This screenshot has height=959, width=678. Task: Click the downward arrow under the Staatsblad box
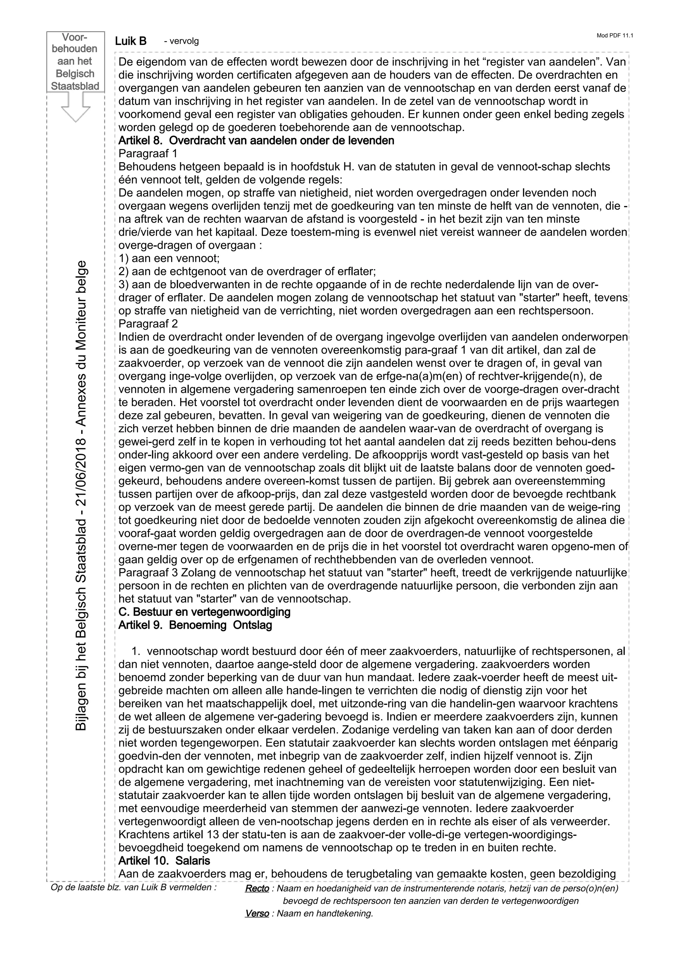[75, 107]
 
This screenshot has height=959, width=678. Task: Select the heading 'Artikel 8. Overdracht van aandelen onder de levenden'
[256, 141]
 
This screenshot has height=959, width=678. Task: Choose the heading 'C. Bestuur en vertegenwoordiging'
[204, 612]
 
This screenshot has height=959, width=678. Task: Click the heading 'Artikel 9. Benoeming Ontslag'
[195, 625]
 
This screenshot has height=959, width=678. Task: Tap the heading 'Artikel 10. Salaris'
[164, 860]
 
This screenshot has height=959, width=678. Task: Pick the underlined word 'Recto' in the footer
[257, 889]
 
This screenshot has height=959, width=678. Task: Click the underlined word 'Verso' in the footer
[257, 913]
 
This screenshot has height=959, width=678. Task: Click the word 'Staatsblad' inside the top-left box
[75, 86]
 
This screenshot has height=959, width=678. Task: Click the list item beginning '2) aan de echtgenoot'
[247, 271]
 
